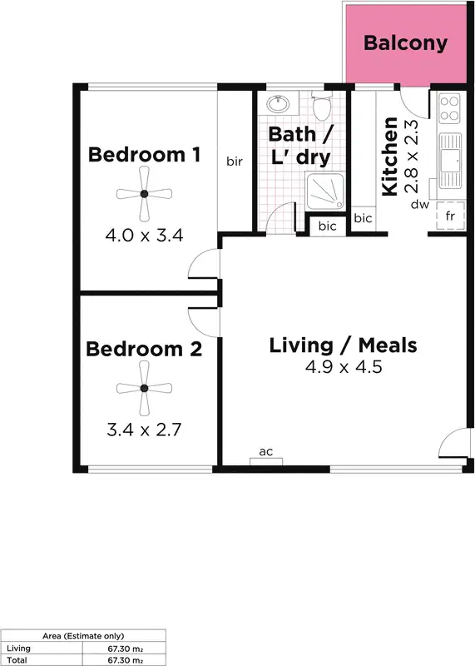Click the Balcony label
coord(405,43)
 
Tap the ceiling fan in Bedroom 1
coord(144,194)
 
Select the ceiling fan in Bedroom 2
coord(144,389)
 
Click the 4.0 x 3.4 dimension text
coord(144,236)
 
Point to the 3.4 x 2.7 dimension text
coord(144,430)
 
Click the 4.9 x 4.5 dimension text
coord(343,367)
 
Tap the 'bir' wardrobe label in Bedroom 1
coord(235,162)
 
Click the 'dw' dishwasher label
coord(420,203)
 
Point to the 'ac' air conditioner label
coord(266,452)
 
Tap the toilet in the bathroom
coord(322,106)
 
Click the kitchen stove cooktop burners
coord(449,107)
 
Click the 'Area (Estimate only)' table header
coord(83,634)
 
